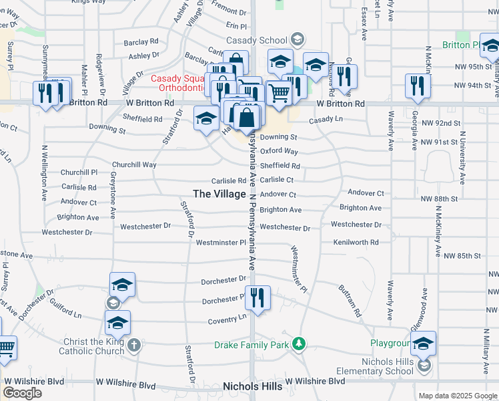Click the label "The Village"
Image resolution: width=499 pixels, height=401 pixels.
(219, 194)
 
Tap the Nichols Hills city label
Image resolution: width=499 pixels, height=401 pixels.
(253, 386)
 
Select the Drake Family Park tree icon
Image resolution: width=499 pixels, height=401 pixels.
(300, 344)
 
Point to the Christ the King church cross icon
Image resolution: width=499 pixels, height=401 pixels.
(134, 345)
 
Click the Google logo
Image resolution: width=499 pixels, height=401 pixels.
(23, 393)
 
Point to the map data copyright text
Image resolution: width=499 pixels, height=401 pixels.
(458, 396)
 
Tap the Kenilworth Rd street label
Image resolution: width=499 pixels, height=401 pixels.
(356, 242)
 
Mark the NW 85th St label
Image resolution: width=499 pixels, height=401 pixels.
(462, 255)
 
